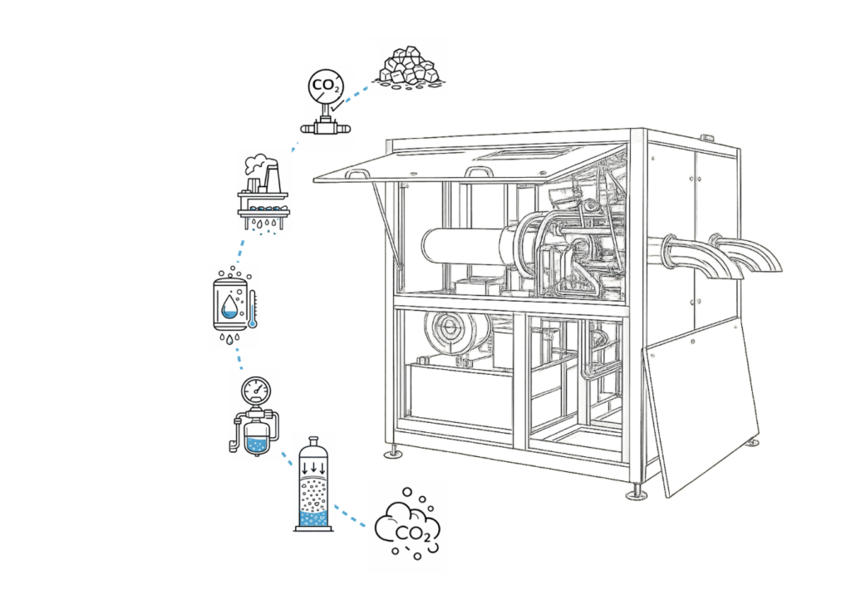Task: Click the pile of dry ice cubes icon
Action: pyautogui.click(x=409, y=66)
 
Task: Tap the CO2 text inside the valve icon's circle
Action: pyautogui.click(x=325, y=86)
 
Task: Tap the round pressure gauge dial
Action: pyautogui.click(x=255, y=389)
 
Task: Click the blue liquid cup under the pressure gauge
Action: pyautogui.click(x=257, y=443)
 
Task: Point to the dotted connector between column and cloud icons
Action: pyautogui.click(x=351, y=514)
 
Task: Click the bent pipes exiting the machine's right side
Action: pyautogui.click(x=731, y=253)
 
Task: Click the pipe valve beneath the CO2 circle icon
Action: pyautogui.click(x=325, y=129)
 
